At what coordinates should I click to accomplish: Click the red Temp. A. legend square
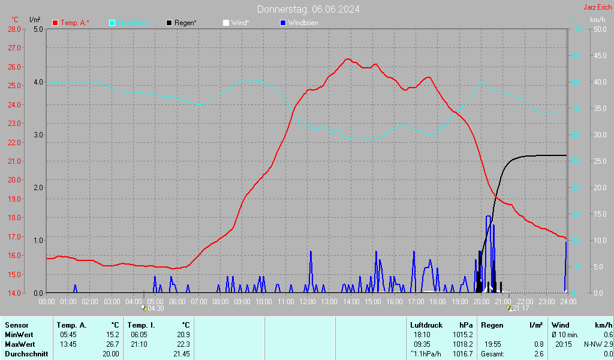coord(55,23)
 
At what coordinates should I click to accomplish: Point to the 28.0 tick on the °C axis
coord(14,29)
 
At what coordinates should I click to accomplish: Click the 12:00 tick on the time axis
coord(308,301)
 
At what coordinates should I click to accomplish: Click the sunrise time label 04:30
coord(155,308)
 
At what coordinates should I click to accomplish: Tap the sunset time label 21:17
coord(520,308)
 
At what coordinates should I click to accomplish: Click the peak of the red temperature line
coord(347,59)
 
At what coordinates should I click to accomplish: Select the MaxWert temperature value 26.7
coord(113,344)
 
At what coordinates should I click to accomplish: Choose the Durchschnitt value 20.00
coord(110,353)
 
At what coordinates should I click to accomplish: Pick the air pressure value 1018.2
coord(462,344)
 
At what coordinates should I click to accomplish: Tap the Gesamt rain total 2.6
coord(538,353)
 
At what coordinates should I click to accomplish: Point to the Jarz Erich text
coord(597,7)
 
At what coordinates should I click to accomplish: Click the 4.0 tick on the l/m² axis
coord(38,82)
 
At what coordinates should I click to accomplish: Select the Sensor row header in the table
coord(16,325)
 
